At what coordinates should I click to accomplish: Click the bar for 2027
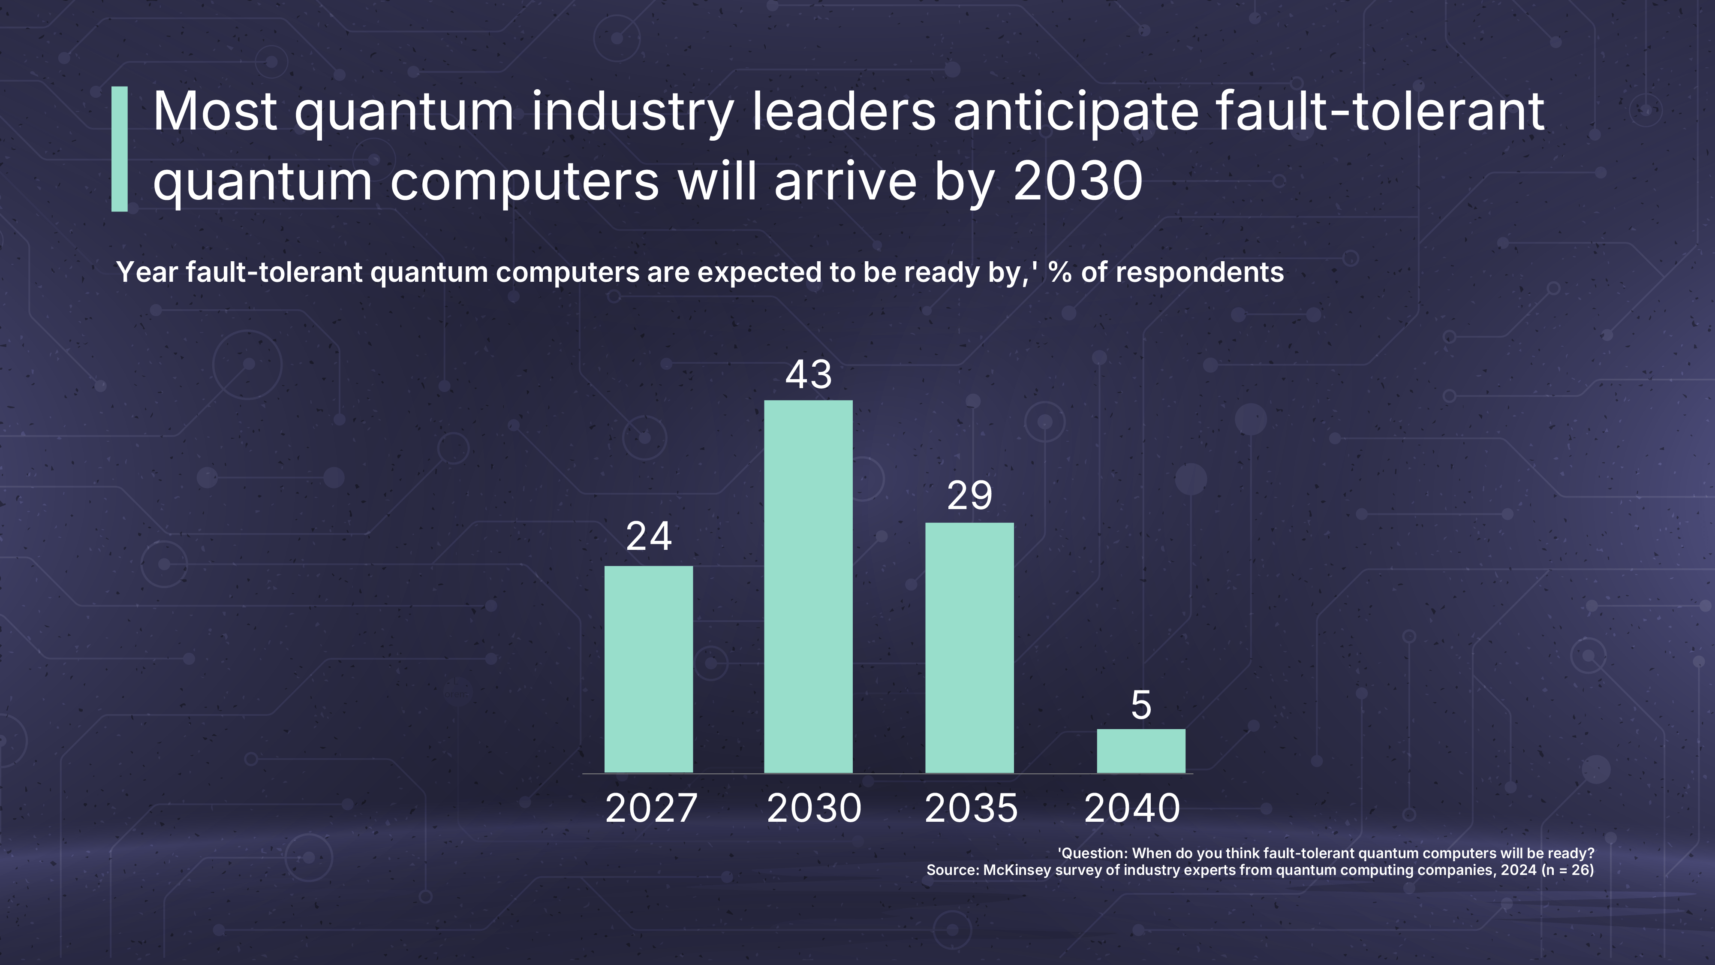tap(648, 669)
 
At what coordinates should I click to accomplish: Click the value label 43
tap(809, 374)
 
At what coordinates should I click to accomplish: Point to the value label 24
tap(649, 536)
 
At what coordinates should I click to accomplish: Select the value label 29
tap(970, 495)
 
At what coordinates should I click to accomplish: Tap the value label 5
tap(1141, 705)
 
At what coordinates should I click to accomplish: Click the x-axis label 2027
tap(651, 808)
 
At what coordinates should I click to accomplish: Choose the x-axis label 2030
tap(814, 808)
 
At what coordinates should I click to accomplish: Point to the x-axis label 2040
tap(1132, 808)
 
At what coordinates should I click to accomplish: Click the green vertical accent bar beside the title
tap(119, 149)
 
